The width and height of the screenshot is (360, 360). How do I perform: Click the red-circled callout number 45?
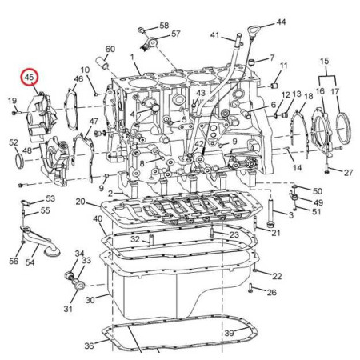pyautogui.click(x=30, y=78)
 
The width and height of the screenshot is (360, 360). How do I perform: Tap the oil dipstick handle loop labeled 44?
pyautogui.click(x=252, y=29)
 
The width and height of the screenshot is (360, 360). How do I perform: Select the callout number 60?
pyautogui.click(x=110, y=49)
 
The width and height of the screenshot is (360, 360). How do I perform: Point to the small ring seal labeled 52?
pyautogui.click(x=18, y=161)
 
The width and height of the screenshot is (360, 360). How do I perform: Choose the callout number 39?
pyautogui.click(x=229, y=333)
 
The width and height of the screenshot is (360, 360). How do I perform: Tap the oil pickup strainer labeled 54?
pyautogui.click(x=41, y=240)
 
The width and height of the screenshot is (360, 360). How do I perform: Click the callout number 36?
pyautogui.click(x=89, y=346)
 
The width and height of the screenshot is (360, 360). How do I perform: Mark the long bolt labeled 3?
pyautogui.click(x=270, y=214)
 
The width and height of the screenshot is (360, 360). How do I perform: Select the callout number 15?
pyautogui.click(x=324, y=61)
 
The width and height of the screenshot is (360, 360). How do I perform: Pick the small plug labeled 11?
pyautogui.click(x=274, y=86)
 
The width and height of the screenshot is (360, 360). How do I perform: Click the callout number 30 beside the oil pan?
pyautogui.click(x=90, y=300)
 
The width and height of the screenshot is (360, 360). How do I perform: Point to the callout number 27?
pyautogui.click(x=348, y=173)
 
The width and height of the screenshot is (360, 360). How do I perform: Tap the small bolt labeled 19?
pyautogui.click(x=14, y=113)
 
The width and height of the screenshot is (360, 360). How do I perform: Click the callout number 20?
pyautogui.click(x=80, y=202)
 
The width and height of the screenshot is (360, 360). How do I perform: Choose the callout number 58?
pyautogui.click(x=164, y=26)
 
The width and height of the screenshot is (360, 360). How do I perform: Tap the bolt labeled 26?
pyautogui.click(x=250, y=288)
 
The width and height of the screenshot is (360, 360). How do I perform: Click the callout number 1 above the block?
pyautogui.click(x=132, y=57)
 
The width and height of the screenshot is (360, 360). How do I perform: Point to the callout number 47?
pyautogui.click(x=94, y=122)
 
